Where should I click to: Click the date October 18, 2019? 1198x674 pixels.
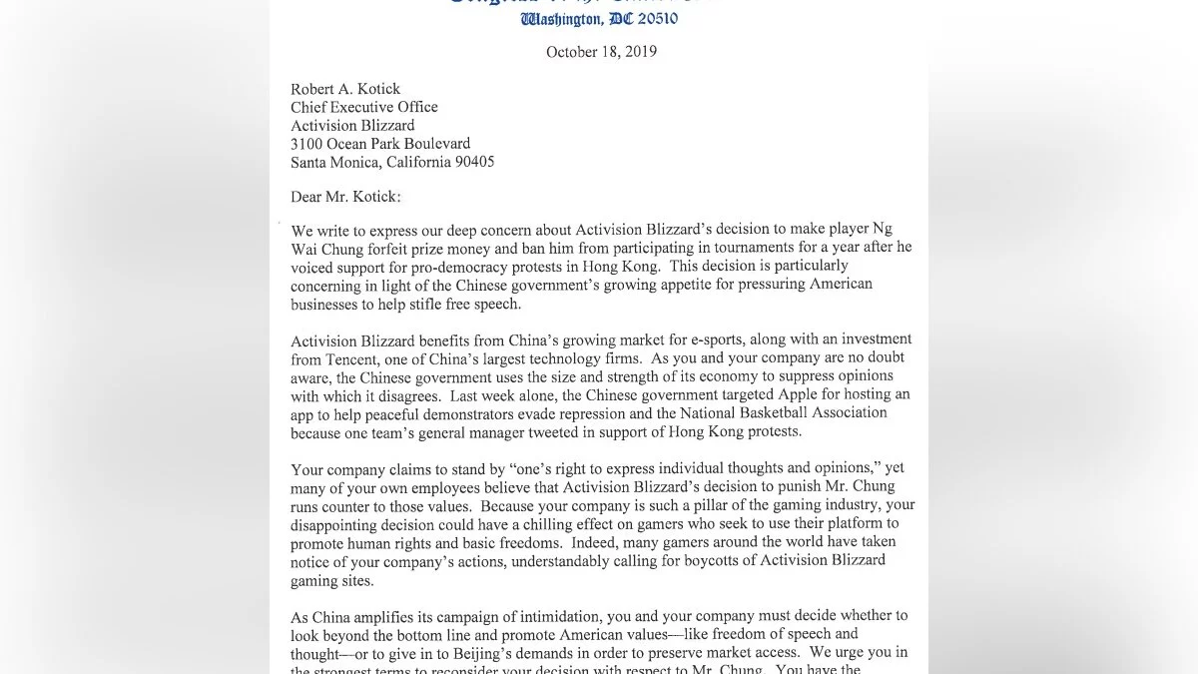[x=601, y=52]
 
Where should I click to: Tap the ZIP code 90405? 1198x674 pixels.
[x=471, y=162]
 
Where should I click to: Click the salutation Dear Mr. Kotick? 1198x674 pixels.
[x=344, y=198]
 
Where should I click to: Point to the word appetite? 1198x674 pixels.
[x=637, y=285]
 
